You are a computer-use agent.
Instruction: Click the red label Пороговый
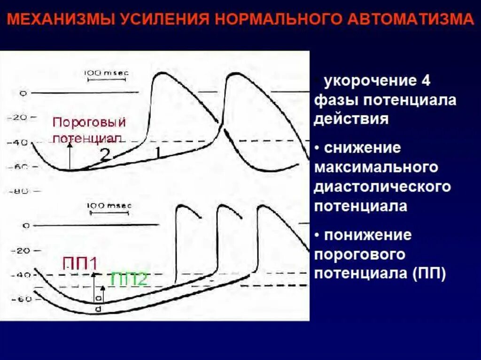89,123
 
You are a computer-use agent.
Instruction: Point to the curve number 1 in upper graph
158,153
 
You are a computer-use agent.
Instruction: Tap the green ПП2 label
129,279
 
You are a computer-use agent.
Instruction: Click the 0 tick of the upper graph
23,93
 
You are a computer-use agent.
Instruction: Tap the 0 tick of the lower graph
26,226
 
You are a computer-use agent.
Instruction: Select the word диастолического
382,186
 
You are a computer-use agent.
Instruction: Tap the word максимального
376,167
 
